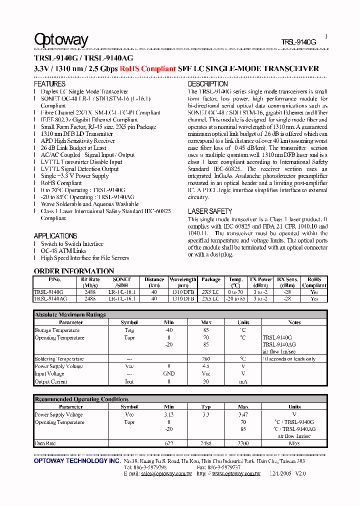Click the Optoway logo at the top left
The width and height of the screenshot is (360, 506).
[61, 39]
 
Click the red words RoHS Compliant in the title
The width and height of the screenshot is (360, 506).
[147, 68]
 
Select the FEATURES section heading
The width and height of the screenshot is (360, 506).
[49, 84]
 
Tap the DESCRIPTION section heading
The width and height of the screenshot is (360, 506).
[208, 84]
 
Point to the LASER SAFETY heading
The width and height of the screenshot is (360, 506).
[210, 211]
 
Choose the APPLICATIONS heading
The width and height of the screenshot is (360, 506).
[55, 235]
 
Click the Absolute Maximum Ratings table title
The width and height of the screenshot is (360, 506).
[70, 314]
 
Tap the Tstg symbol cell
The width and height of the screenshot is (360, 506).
[129, 330]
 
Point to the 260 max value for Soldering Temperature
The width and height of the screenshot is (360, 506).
[206, 359]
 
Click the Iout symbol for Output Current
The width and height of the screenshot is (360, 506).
[129, 381]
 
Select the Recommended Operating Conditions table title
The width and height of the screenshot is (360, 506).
[81, 399]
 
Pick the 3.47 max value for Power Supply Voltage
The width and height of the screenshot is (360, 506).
[243, 414]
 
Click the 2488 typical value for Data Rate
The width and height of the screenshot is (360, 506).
[206, 443]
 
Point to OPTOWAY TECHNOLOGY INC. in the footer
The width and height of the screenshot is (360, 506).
[76, 460]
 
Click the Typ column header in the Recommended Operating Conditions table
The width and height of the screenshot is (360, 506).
[206, 407]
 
